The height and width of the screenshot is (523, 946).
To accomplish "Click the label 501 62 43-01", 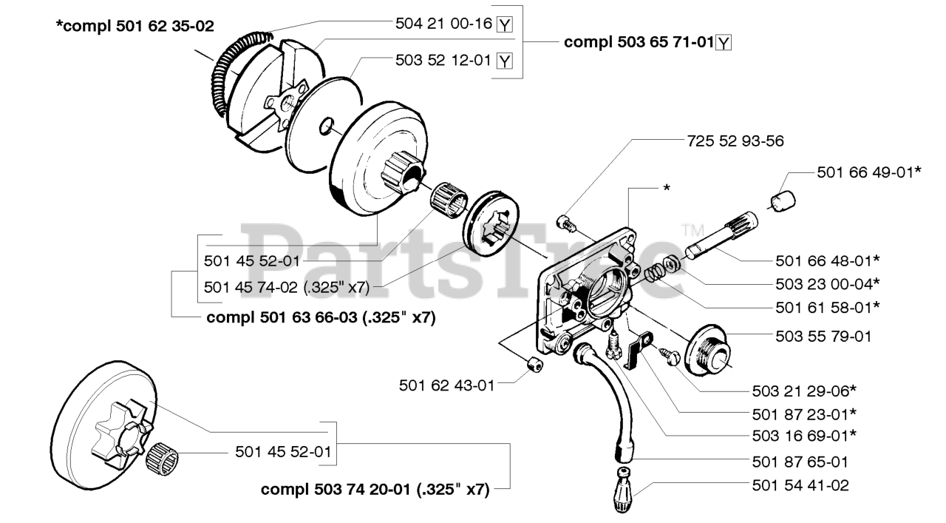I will (x=447, y=385).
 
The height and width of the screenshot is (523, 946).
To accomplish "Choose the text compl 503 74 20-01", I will (x=375, y=489).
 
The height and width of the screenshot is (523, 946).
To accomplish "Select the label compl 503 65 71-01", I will (x=639, y=42).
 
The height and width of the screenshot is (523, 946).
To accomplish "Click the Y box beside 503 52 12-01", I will (x=505, y=60).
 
